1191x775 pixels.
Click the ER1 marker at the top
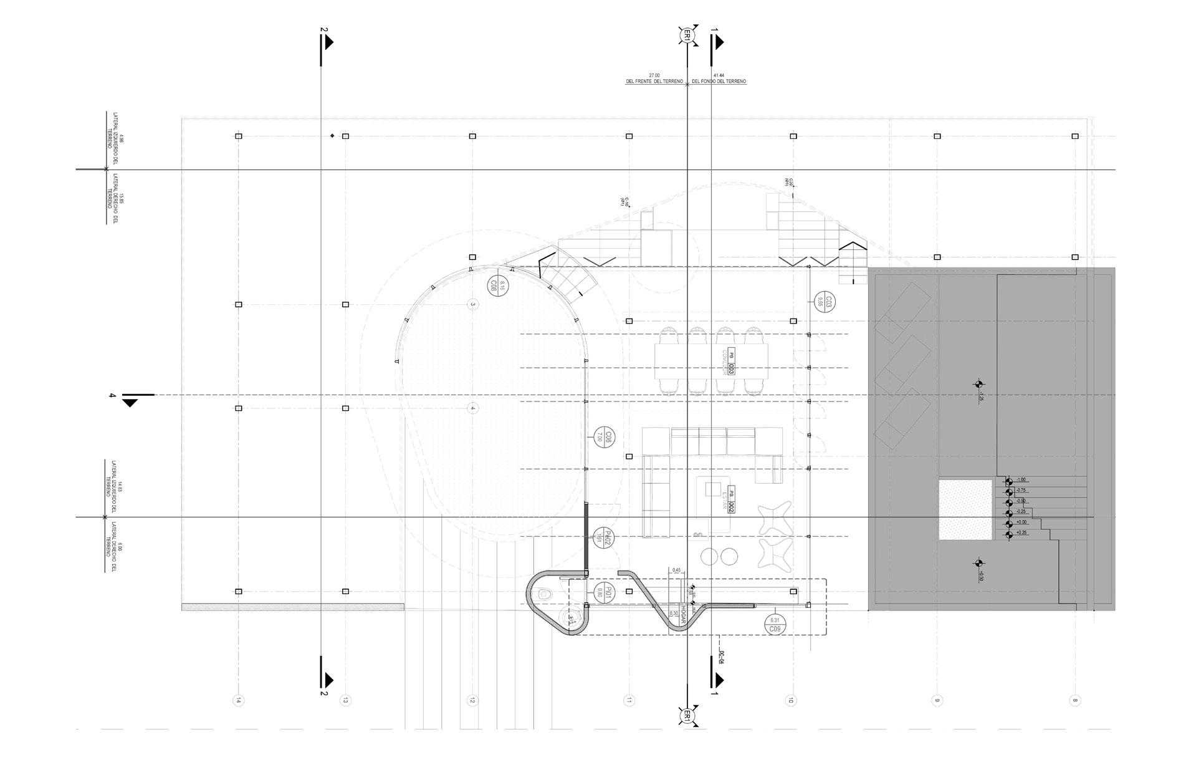(687, 35)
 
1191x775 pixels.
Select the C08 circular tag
(498, 286)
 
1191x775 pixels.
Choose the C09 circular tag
(775, 624)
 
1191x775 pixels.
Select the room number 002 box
(731, 508)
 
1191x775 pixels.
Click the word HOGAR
(684, 613)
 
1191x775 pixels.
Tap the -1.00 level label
(1021, 480)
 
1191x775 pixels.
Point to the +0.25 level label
(1021, 533)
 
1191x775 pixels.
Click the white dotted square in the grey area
(965, 509)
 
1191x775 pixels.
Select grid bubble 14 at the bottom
(237, 700)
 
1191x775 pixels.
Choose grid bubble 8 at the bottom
(1074, 700)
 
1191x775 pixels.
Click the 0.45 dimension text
(676, 570)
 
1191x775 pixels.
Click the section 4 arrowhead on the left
(130, 403)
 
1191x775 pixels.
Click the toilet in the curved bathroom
(544, 595)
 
